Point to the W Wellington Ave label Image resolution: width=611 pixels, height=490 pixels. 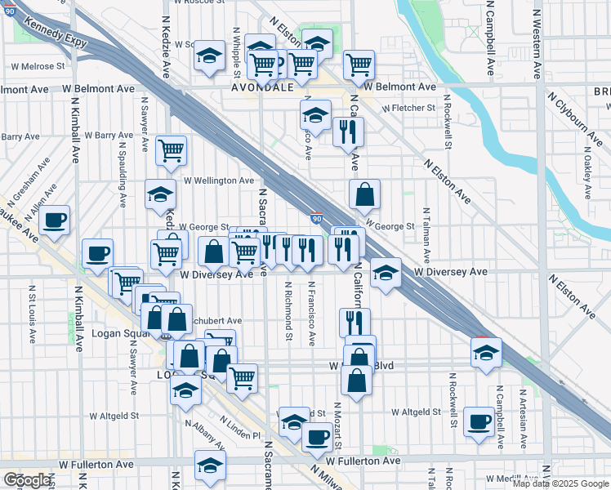219,180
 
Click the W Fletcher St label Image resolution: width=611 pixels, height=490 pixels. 408,108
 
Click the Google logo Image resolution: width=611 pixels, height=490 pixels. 27,480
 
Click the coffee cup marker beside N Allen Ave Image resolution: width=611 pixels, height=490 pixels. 55,220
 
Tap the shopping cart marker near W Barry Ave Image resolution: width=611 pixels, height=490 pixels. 171,149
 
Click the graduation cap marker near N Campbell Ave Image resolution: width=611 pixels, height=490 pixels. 486,354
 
